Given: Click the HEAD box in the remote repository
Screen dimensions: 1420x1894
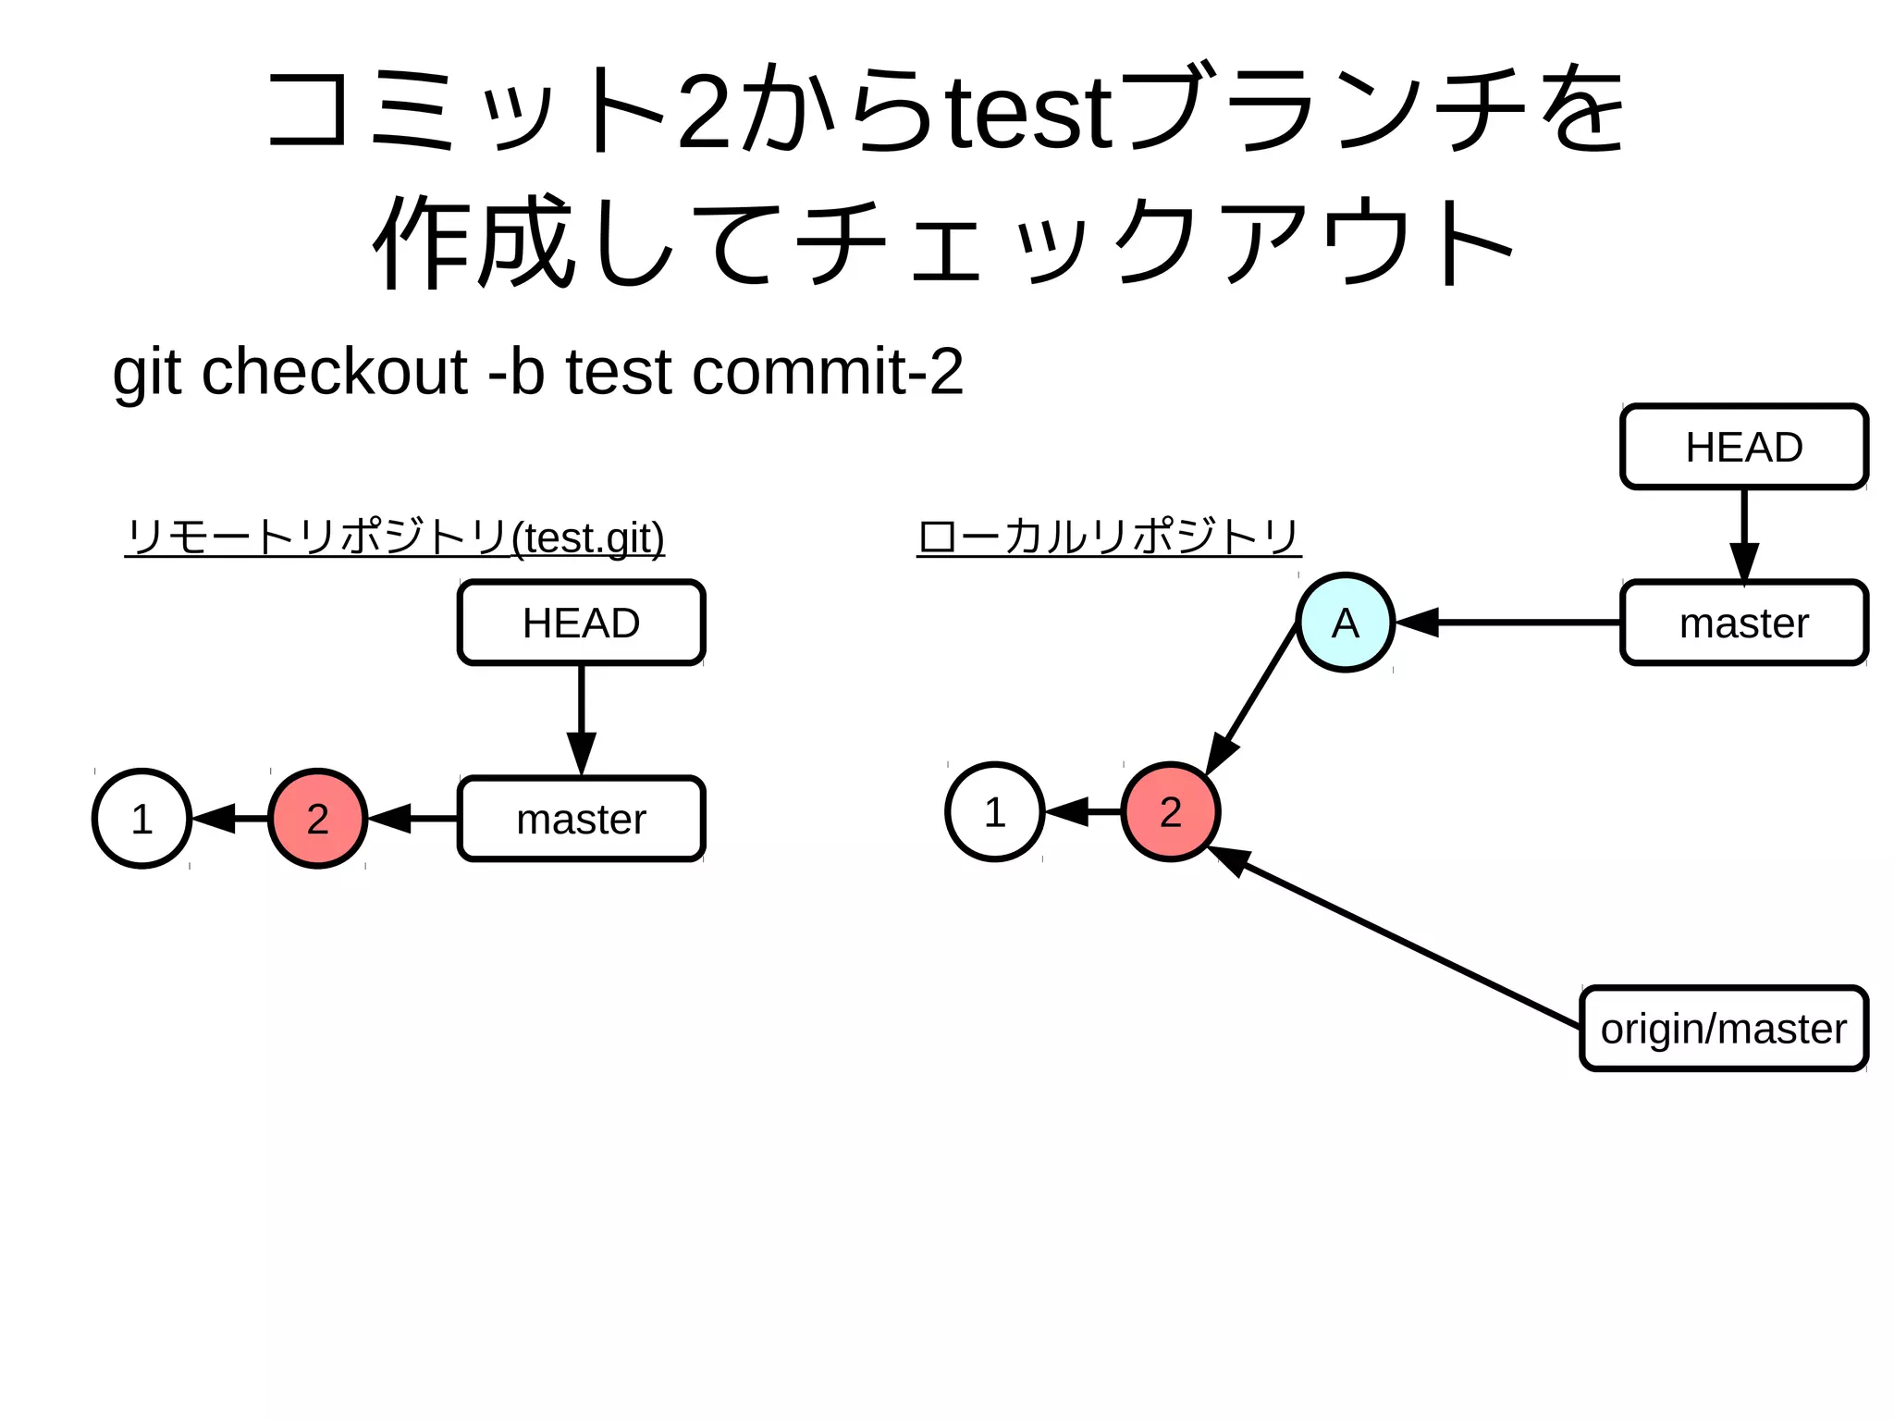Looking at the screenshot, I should [581, 623].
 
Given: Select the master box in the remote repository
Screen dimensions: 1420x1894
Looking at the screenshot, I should [581, 819].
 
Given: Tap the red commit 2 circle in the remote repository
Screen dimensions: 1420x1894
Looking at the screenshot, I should [317, 818].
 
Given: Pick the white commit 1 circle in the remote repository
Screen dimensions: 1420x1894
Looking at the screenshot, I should [141, 818].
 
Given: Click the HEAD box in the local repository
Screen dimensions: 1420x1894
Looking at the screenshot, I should [1743, 447].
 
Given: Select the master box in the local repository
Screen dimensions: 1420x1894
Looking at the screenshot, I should [1743, 623].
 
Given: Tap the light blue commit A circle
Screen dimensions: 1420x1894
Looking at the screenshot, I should [1345, 623].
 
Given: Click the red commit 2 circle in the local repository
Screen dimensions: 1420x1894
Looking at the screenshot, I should [1170, 811].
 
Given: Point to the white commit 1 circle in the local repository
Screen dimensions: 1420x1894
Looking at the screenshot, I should [994, 811].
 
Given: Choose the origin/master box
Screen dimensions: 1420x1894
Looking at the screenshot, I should [1723, 1029].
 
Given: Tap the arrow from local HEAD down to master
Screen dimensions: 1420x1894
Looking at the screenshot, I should [1743, 533].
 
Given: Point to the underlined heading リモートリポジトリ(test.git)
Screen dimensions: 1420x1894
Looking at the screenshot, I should [395, 537].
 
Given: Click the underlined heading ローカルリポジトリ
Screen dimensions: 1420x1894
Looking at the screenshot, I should [1108, 537].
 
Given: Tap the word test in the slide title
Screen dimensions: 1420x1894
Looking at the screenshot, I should [1029, 114].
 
